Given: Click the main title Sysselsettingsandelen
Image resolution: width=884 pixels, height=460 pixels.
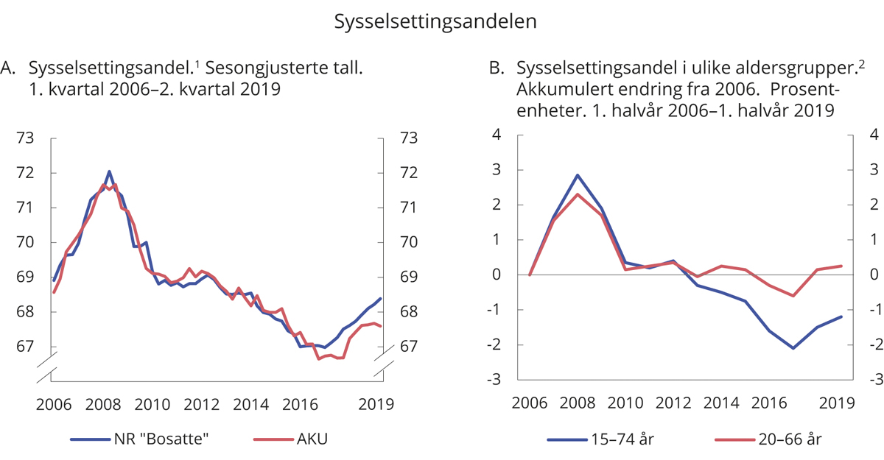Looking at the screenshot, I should click(435, 21).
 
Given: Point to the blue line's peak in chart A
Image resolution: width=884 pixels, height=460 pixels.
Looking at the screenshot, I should click(109, 171).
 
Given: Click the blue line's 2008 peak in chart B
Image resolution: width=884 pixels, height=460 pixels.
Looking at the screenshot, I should click(578, 175).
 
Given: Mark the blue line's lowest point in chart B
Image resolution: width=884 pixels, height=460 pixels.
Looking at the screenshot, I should click(793, 348).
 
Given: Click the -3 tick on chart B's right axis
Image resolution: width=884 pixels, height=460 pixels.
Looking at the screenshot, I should click(873, 380).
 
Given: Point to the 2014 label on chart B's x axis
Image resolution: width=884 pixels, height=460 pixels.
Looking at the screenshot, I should click(721, 403).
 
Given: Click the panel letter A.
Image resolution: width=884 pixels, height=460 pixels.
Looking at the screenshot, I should click(8, 69).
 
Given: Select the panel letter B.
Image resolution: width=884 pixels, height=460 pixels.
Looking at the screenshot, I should click(497, 69).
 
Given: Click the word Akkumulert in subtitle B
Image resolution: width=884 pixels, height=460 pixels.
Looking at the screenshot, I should click(561, 91).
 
